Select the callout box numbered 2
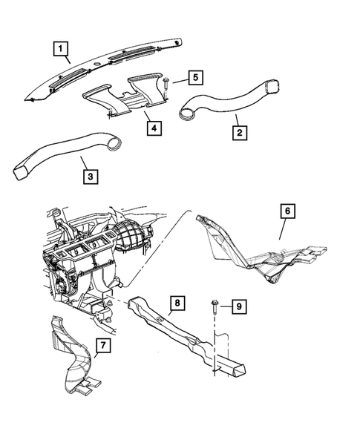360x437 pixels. (x=240, y=134)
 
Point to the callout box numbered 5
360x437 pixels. (x=194, y=77)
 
